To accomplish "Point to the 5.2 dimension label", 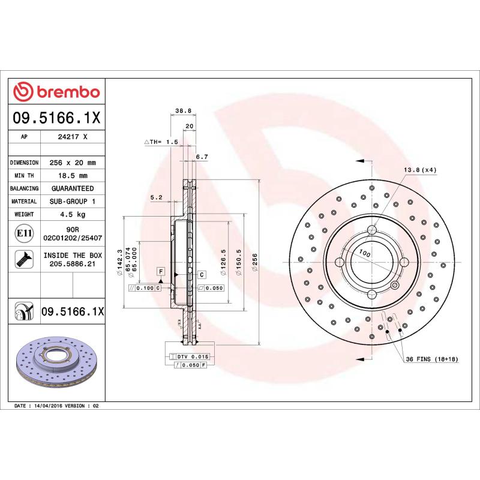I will coord(156,197).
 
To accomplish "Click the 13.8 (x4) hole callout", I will coord(420,170).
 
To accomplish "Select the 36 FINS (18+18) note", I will coord(431,359).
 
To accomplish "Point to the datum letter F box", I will coord(161,272).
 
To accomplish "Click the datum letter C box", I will coord(202,274).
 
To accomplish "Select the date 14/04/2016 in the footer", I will coord(50,406).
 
